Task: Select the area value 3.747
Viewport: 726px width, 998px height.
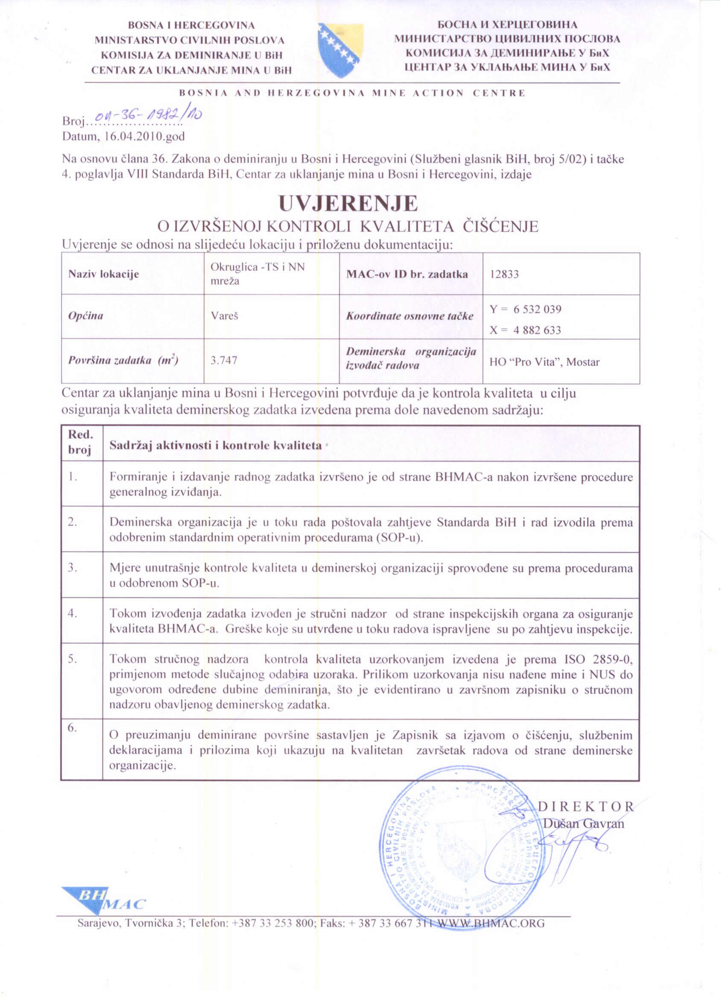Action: click(224, 360)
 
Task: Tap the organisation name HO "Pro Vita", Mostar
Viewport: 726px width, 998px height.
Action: click(544, 362)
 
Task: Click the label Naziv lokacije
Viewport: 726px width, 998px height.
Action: click(103, 274)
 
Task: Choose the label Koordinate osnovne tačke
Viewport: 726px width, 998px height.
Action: click(410, 316)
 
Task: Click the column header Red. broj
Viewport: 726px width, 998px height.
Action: click(81, 443)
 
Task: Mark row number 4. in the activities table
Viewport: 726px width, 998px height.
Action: click(73, 613)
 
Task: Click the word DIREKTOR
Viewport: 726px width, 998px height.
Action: click(586, 807)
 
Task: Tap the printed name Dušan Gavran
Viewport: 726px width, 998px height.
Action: click(584, 823)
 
